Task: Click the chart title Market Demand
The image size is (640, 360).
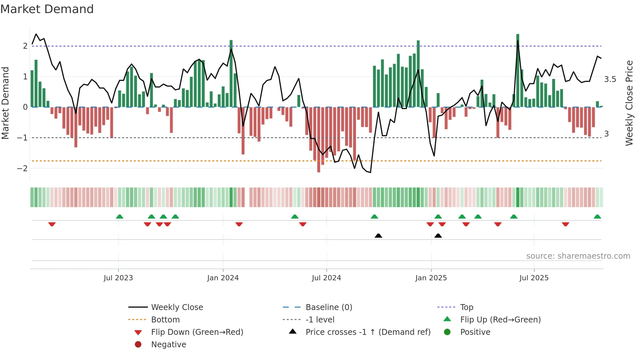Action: pyautogui.click(x=47, y=9)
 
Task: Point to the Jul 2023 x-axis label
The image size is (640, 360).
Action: pyautogui.click(x=118, y=278)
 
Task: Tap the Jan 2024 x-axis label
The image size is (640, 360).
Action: pyautogui.click(x=223, y=278)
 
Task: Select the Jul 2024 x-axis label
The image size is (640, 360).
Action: pyautogui.click(x=327, y=278)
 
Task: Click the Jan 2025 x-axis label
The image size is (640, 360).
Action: pyautogui.click(x=431, y=278)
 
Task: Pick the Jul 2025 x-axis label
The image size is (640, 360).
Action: pyautogui.click(x=534, y=278)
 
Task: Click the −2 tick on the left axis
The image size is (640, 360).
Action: pyautogui.click(x=22, y=169)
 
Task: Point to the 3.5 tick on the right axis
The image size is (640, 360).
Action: pyautogui.click(x=610, y=79)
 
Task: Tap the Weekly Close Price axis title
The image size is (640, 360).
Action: pyautogui.click(x=629, y=103)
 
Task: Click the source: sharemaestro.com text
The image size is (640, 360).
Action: pyautogui.click(x=578, y=256)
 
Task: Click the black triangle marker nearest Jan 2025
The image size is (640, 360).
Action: pyautogui.click(x=438, y=236)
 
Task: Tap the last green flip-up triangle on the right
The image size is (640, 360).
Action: pyautogui.click(x=597, y=217)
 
